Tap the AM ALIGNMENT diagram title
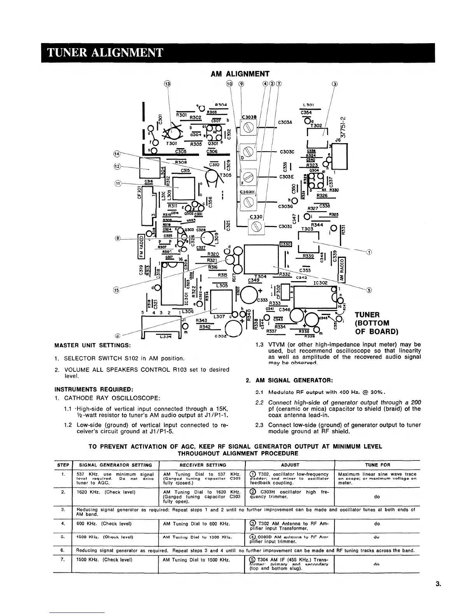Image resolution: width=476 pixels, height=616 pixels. tap(240, 74)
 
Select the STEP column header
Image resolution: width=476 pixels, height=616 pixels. tap(63, 465)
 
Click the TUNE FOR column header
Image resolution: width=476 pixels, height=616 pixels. tap(378, 465)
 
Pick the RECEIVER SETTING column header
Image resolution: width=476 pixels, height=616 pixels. tap(203, 465)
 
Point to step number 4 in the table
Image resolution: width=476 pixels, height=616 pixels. tap(63, 523)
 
